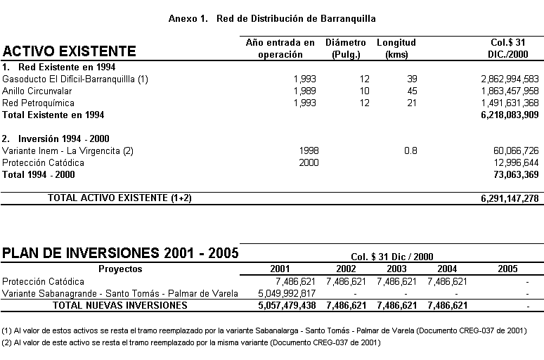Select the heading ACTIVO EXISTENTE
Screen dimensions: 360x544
tap(70, 51)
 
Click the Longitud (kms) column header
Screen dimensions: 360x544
tap(396, 49)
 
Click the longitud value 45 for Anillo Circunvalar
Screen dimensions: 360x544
tap(412, 91)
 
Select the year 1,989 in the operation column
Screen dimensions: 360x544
tap(305, 91)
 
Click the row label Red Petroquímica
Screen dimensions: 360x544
tap(38, 103)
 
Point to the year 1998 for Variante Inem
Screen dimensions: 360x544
tap(309, 150)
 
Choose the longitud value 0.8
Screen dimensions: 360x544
tap(410, 150)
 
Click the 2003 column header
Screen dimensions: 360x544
tap(396, 269)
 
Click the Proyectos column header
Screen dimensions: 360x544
tap(120, 269)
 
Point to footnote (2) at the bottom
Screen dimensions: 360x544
tap(190, 342)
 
